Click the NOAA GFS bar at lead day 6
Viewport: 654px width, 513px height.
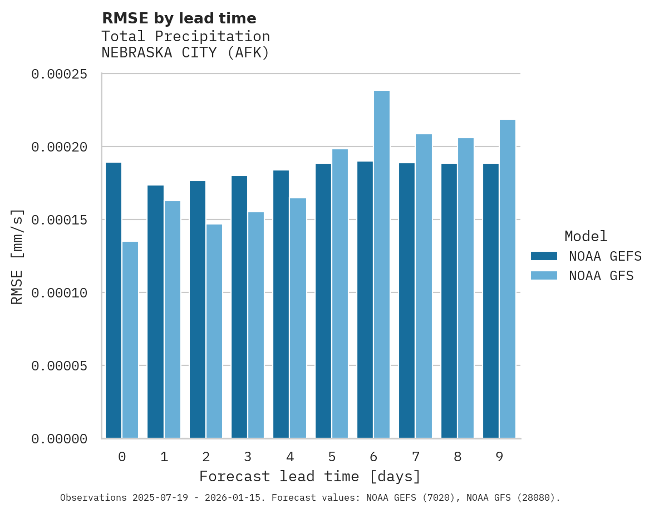click(x=382, y=265)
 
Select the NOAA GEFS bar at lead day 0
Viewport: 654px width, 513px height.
click(x=114, y=300)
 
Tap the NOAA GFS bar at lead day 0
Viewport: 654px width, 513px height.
click(x=130, y=340)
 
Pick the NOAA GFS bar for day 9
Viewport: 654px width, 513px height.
click(x=508, y=279)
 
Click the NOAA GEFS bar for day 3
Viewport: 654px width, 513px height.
click(x=239, y=307)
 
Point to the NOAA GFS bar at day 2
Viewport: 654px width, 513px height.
click(x=214, y=331)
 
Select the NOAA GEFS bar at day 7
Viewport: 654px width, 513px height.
click(x=407, y=301)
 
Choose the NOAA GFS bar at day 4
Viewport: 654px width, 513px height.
click(x=298, y=318)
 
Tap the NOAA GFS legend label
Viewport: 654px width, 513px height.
click(x=601, y=276)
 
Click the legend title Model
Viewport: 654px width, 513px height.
click(x=586, y=236)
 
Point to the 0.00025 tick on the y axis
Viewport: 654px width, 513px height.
click(x=59, y=74)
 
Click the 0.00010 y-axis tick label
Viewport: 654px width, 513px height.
click(x=59, y=293)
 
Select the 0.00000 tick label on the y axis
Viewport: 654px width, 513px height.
click(x=59, y=439)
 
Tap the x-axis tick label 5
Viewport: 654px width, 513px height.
click(x=332, y=457)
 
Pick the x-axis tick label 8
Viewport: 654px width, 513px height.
click(x=458, y=457)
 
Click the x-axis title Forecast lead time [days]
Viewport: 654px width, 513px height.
click(x=310, y=477)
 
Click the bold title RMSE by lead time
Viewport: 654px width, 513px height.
click(x=179, y=18)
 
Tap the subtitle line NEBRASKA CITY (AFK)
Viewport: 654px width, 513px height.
click(x=185, y=53)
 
